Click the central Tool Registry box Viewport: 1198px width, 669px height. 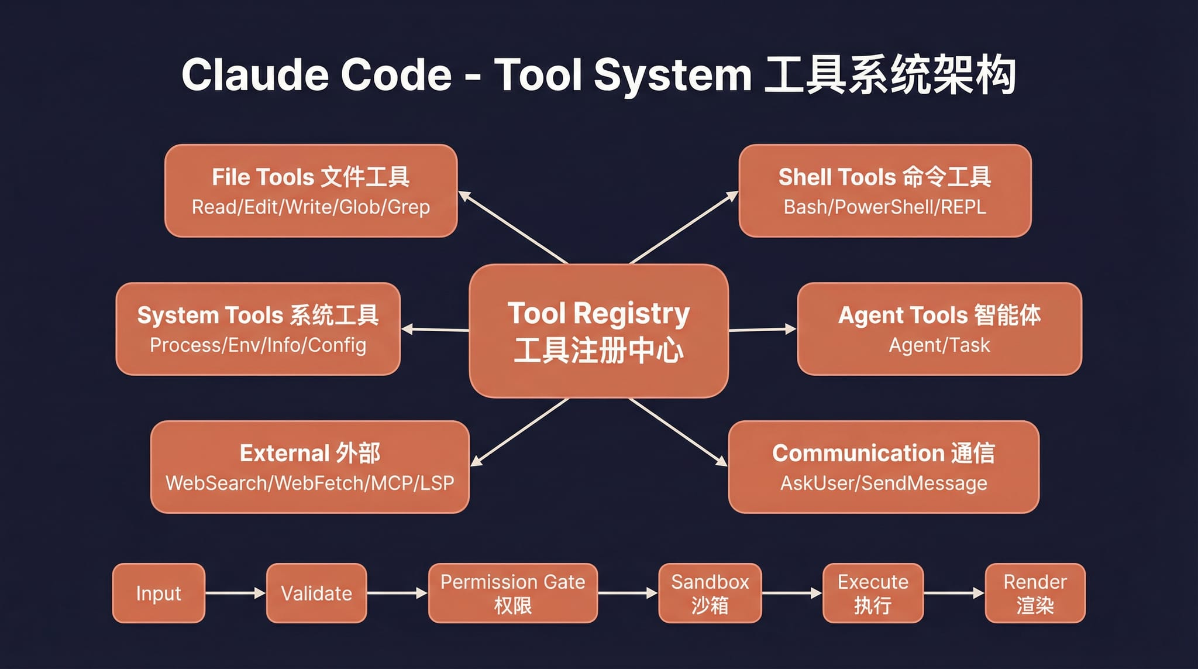coord(598,331)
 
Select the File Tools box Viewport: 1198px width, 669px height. coord(311,191)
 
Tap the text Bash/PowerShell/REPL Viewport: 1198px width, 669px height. coord(884,207)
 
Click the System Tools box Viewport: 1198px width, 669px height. coord(258,329)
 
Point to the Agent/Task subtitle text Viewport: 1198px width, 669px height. coord(939,345)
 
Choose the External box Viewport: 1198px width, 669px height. coord(310,467)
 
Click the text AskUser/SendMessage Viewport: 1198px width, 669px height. coord(883,483)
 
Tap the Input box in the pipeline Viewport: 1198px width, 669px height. coord(159,593)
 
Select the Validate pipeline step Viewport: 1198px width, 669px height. coord(316,593)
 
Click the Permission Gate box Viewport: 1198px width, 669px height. coord(512,593)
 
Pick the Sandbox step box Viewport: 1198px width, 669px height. coord(710,593)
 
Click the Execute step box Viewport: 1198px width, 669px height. coord(873,593)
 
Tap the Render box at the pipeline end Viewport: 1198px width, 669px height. coord(1035,593)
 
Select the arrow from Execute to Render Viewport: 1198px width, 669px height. coord(954,593)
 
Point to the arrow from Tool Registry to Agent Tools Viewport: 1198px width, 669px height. coord(762,330)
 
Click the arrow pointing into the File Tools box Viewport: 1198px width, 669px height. coord(513,227)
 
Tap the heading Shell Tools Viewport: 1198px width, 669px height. coord(836,177)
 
